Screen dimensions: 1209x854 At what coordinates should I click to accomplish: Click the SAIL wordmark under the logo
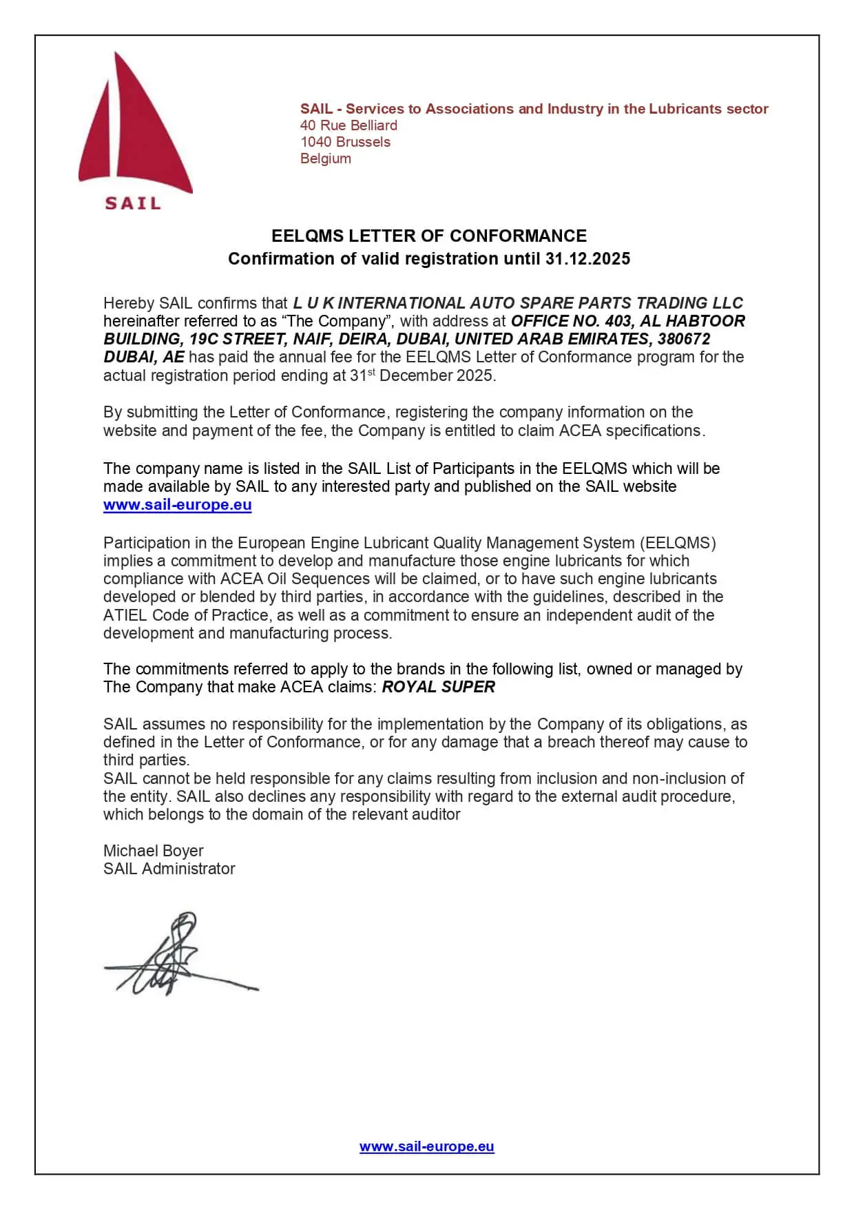(133, 203)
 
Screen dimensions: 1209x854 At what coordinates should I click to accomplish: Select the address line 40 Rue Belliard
(348, 125)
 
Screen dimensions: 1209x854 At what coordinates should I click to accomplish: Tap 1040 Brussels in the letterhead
(345, 142)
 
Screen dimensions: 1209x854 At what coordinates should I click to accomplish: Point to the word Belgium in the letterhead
(326, 158)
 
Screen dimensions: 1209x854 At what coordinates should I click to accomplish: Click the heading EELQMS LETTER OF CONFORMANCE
(428, 236)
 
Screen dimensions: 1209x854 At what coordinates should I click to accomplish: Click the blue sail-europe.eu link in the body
(177, 505)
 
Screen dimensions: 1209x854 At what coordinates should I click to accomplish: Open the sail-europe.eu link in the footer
(426, 1146)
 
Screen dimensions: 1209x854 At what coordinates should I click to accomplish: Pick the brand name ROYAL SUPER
(439, 687)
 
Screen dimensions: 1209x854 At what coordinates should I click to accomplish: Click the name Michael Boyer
(153, 851)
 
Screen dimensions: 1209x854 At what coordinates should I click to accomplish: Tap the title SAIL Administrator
(169, 869)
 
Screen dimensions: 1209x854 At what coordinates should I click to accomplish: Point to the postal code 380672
(684, 339)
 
